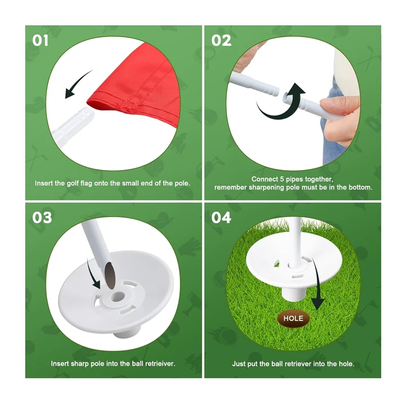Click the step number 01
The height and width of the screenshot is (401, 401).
point(42,41)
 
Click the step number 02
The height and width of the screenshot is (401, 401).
point(222,41)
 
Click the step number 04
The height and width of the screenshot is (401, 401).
point(222,218)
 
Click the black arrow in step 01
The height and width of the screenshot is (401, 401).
point(78,84)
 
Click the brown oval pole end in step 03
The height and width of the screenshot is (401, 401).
point(110,272)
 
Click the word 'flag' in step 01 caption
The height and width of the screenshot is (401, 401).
point(89,183)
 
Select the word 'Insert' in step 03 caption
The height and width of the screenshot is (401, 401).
point(60,363)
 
